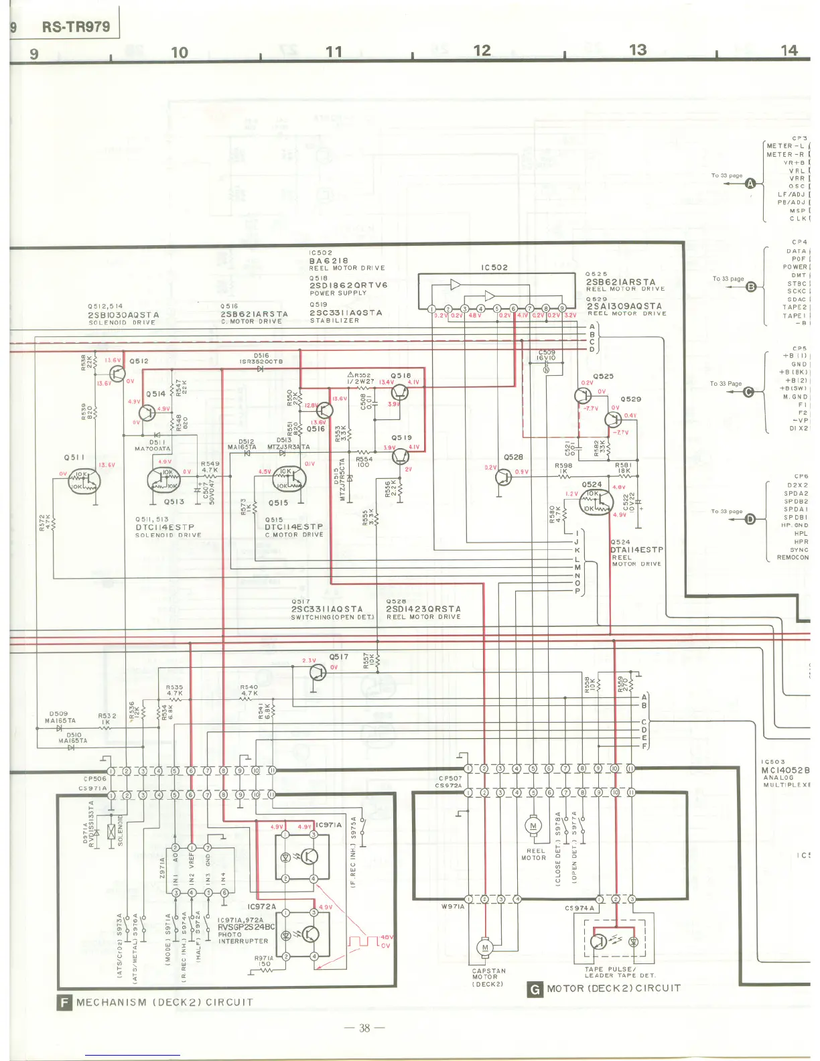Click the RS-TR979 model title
(x=75, y=27)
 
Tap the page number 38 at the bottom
(x=364, y=1028)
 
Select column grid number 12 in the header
(x=482, y=50)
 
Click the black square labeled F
(x=65, y=1002)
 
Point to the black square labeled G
(x=535, y=989)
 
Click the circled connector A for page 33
(x=750, y=184)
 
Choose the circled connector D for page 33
(x=750, y=519)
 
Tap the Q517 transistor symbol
(x=318, y=672)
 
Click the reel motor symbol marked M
(x=533, y=826)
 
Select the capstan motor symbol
(x=485, y=947)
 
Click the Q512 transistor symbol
(x=117, y=373)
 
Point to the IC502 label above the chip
(x=494, y=267)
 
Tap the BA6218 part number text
(x=328, y=261)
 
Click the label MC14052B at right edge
(x=785, y=770)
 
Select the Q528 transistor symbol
(x=503, y=477)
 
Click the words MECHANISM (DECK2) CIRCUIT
(x=165, y=1003)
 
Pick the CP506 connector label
(x=95, y=779)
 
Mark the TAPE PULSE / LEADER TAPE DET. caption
(x=620, y=972)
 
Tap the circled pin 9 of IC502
(x=562, y=308)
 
